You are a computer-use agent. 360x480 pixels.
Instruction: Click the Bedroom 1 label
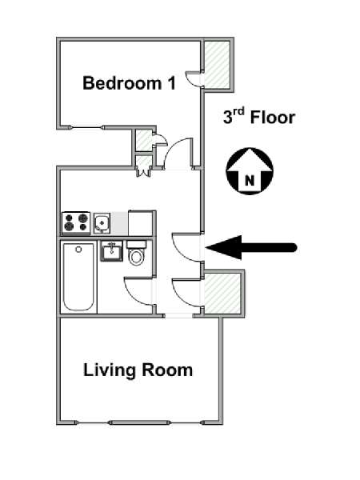click(129, 82)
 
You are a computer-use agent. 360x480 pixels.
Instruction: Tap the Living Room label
click(138, 370)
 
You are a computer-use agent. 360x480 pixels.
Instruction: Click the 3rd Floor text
click(259, 117)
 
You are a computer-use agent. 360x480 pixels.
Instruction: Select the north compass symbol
click(250, 171)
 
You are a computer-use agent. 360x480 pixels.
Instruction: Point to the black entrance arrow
click(251, 247)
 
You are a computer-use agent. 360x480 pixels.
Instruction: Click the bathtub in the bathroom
click(78, 277)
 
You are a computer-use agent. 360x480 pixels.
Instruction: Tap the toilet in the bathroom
click(136, 253)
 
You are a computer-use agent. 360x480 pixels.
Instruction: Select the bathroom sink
click(111, 251)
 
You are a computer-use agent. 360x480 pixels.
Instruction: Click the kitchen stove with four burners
click(76, 222)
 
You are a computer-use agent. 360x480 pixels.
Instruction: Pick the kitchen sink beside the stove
click(102, 223)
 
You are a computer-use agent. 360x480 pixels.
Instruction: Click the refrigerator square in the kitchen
click(141, 223)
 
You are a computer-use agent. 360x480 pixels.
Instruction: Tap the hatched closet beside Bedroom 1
click(217, 65)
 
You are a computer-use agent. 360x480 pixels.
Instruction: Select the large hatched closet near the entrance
click(222, 294)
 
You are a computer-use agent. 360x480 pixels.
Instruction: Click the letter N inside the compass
click(250, 181)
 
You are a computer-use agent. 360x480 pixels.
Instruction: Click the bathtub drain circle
click(78, 249)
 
